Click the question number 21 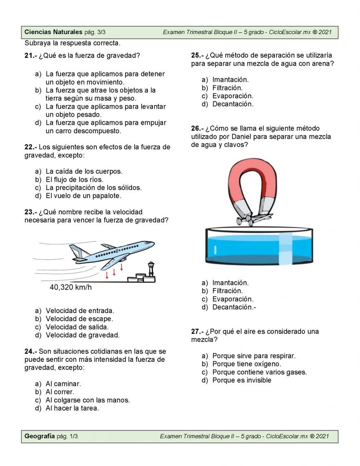(x=30, y=56)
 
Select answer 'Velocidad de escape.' (x=79, y=319)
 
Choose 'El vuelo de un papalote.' (x=83, y=196)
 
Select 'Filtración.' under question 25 (x=228, y=88)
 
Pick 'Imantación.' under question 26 (x=230, y=283)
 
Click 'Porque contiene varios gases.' (x=259, y=372)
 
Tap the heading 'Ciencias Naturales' (x=53, y=32)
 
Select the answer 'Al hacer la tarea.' (x=72, y=408)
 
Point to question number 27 (x=198, y=331)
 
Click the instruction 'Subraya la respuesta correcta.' (x=72, y=44)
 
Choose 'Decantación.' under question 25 (x=233, y=104)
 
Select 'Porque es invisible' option (x=242, y=380)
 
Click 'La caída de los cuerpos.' (x=84, y=171)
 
